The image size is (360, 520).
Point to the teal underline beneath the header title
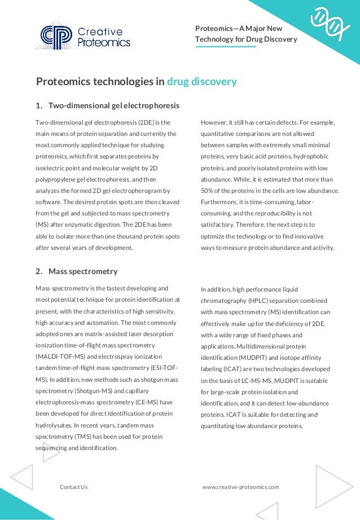[x=226, y=47]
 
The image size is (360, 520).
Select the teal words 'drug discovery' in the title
[x=201, y=82]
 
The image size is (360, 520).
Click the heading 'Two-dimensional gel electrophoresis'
[x=114, y=105]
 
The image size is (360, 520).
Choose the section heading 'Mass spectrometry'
[x=83, y=271]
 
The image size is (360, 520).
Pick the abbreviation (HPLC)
[x=270, y=301]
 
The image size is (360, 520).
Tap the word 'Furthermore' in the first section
[x=220, y=201]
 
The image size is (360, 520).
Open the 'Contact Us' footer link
[x=73, y=487]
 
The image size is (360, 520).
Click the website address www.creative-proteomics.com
[x=240, y=487]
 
